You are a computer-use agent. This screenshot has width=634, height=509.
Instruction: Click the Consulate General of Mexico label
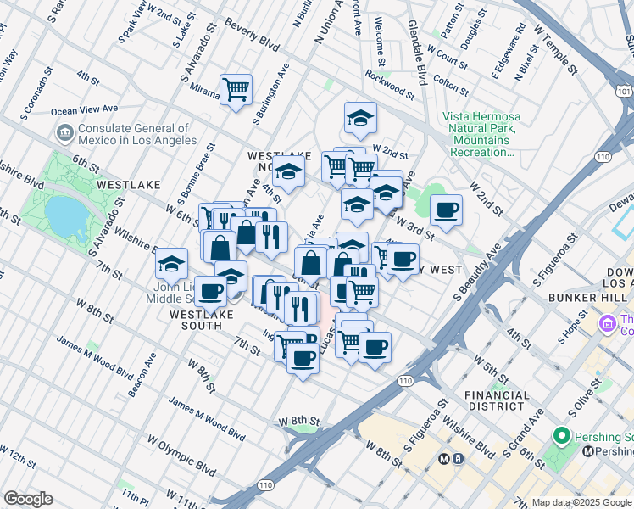point(136,133)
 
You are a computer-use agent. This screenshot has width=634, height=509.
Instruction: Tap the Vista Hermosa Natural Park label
point(481,134)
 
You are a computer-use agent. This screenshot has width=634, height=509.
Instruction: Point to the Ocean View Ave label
point(84,109)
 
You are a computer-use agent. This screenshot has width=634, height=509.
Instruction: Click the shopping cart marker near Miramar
point(236,89)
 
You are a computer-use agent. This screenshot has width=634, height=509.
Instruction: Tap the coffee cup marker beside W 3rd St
point(446,210)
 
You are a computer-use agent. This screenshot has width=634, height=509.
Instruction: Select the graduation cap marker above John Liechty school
point(172,263)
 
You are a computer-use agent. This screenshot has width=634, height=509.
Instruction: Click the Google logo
point(28,499)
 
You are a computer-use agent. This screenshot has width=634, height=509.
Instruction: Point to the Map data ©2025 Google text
point(581,502)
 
